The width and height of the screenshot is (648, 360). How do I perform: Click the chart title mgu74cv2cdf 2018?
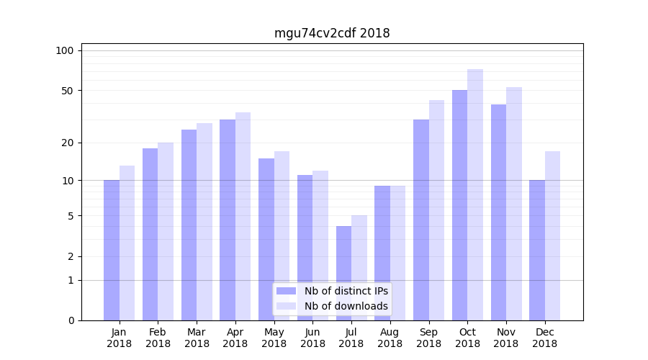pyautogui.click(x=332, y=33)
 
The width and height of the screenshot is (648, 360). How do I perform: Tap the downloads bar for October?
pyautogui.click(x=475, y=194)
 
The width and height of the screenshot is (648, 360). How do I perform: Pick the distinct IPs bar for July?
pyautogui.click(x=343, y=273)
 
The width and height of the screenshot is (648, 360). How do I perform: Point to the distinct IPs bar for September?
pyautogui.click(x=421, y=220)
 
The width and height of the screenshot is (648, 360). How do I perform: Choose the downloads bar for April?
pyautogui.click(x=243, y=216)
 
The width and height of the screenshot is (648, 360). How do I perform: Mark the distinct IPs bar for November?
pyautogui.click(x=498, y=212)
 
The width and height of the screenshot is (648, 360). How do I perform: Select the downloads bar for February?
pyautogui.click(x=166, y=231)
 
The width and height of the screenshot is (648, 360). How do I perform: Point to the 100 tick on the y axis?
pyautogui.click(x=65, y=50)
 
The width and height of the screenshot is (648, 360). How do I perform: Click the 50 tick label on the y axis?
pyautogui.click(x=67, y=91)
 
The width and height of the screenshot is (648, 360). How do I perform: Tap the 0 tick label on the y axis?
pyautogui.click(x=71, y=320)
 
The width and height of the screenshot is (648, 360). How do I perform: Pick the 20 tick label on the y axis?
pyautogui.click(x=67, y=143)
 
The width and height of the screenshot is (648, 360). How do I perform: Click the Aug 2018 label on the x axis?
pyautogui.click(x=390, y=338)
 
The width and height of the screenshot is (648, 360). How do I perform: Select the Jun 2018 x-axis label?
pyautogui.click(x=312, y=338)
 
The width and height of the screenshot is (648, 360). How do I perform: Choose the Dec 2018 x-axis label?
pyautogui.click(x=544, y=338)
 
